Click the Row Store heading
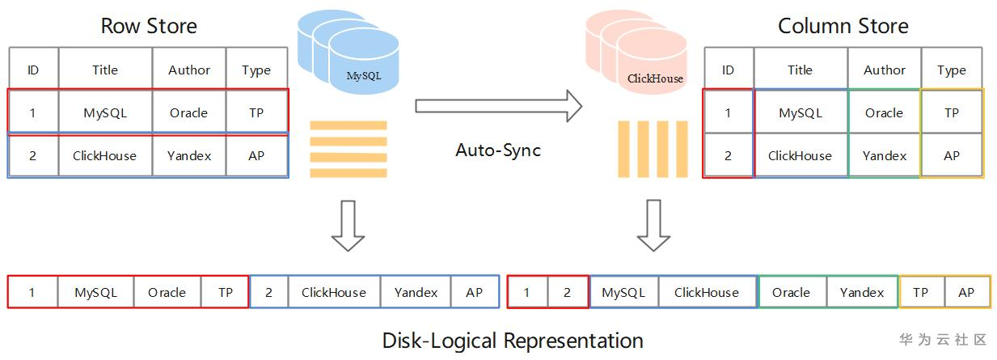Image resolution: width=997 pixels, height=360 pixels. point(149,26)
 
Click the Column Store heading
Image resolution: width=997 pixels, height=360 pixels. point(843,26)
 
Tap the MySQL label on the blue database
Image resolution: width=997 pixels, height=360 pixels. point(363,77)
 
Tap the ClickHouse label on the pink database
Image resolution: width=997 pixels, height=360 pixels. point(655,78)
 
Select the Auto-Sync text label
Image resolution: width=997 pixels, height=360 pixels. point(498,150)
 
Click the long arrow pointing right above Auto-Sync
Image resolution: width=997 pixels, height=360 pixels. point(498,106)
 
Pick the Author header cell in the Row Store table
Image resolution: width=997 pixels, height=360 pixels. point(188,70)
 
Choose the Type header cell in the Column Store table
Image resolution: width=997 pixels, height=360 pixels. point(952,70)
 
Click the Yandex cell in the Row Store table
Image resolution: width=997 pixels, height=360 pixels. point(189,155)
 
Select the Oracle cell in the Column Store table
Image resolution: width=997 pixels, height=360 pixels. point(884,113)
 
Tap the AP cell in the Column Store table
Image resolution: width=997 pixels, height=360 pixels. point(952,155)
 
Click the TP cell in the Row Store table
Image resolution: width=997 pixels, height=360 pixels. point(256,113)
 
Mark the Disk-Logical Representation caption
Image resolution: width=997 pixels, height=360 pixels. point(513,340)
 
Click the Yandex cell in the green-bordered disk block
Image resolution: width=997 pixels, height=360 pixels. point(862,293)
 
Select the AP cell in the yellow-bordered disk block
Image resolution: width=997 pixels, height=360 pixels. point(966,293)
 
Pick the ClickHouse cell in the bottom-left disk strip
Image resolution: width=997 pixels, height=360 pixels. point(333,293)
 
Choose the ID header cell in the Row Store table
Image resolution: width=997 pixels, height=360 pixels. point(33,70)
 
